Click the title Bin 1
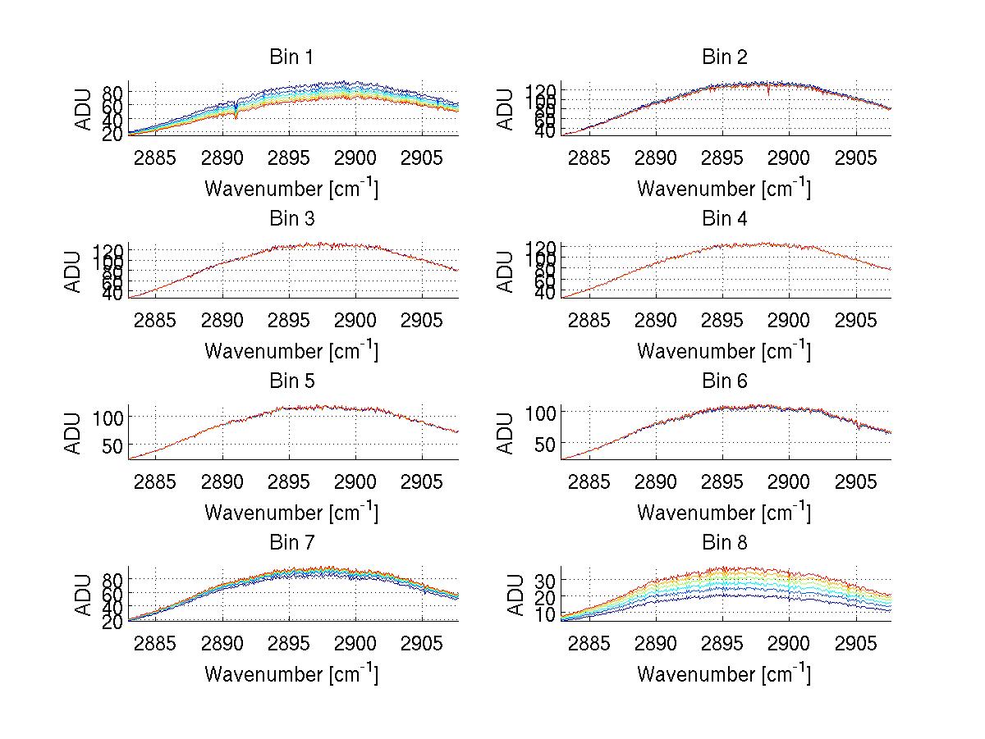pyautogui.click(x=291, y=57)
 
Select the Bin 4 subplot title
pyautogui.click(x=724, y=219)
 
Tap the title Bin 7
pyautogui.click(x=291, y=543)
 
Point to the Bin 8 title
pyautogui.click(x=724, y=543)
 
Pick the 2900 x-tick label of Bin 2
pyautogui.click(x=788, y=158)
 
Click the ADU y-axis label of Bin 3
pyautogui.click(x=74, y=271)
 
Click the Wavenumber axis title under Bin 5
pyautogui.click(x=291, y=513)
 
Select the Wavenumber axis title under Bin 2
pyautogui.click(x=724, y=189)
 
